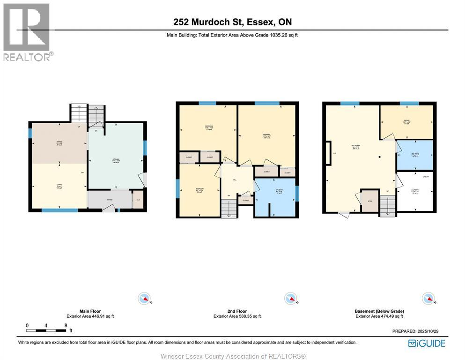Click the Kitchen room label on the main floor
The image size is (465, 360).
[116, 160]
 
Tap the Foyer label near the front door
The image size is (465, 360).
[110, 200]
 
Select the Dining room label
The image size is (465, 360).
[59, 144]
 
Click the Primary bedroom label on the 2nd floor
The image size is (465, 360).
[266, 137]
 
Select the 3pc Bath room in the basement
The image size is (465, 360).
[414, 155]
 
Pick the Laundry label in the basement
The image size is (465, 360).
[415, 191]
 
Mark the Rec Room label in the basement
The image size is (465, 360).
[355, 146]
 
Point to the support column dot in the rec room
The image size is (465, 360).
[380, 157]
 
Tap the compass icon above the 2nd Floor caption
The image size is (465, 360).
[290, 298]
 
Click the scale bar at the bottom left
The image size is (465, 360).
[46, 331]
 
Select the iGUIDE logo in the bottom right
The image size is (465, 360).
[427, 344]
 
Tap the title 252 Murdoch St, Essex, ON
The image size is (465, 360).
[232, 22]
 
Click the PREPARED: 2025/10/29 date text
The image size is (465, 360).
[415, 331]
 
